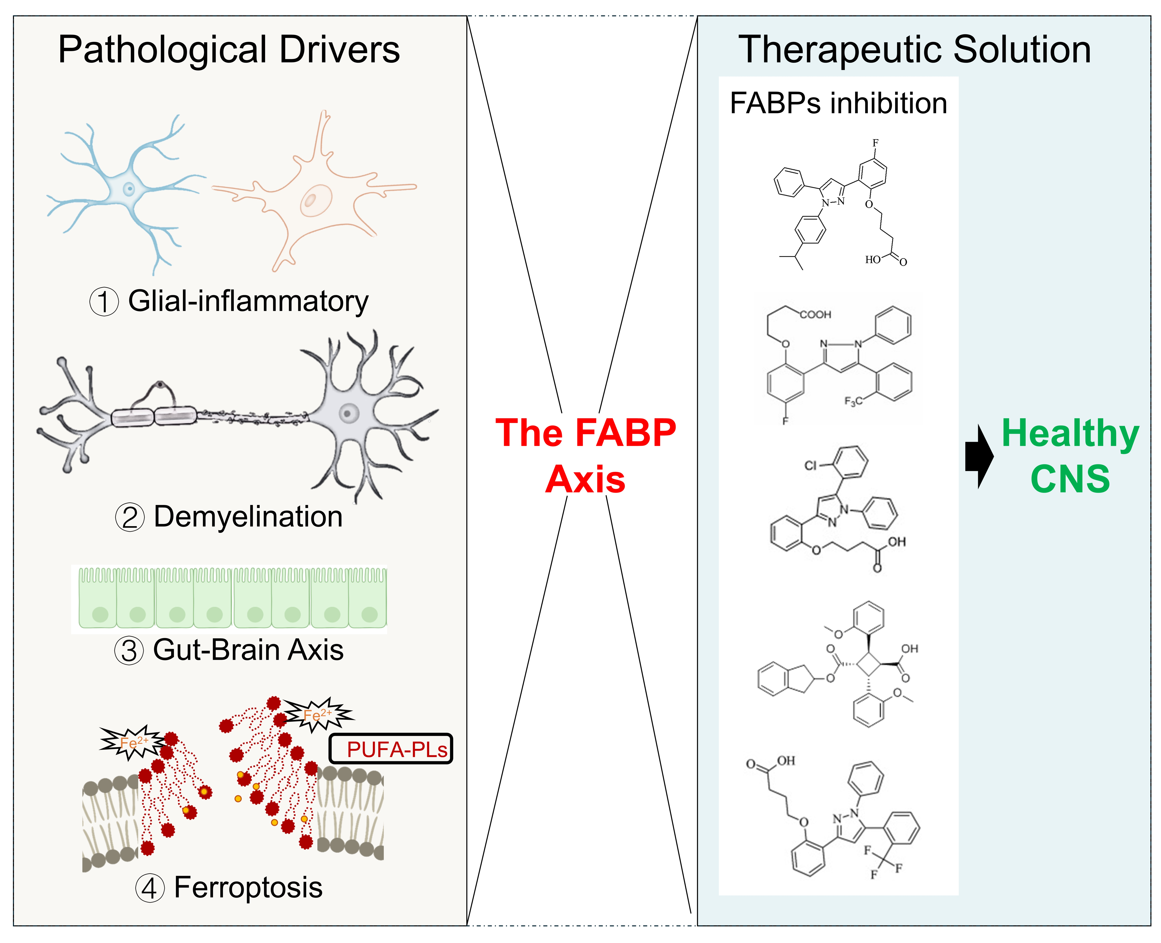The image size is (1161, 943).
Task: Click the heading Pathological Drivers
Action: tap(229, 50)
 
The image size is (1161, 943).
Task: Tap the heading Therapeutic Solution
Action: tap(914, 50)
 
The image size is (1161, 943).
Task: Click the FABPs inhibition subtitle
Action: tap(838, 103)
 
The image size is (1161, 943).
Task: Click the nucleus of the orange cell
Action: tap(311, 200)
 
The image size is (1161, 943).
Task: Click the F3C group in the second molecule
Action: tap(853, 401)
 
